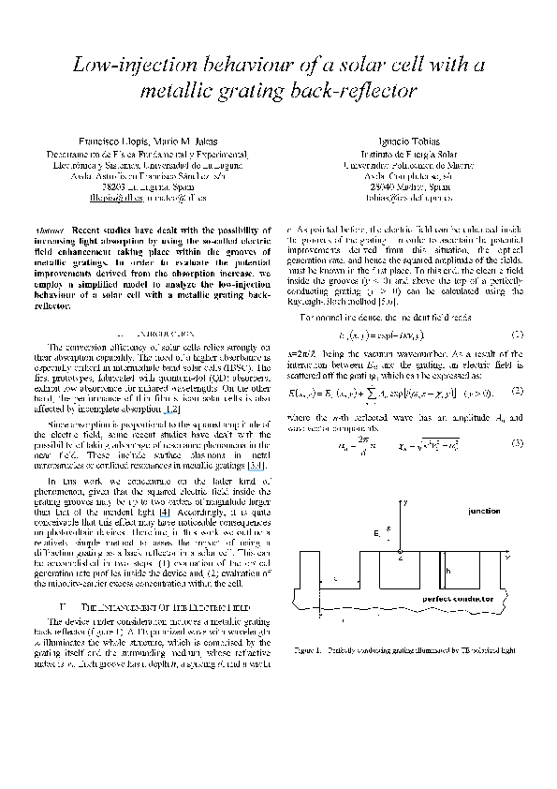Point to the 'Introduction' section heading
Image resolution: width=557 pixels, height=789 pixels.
click(150, 334)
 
